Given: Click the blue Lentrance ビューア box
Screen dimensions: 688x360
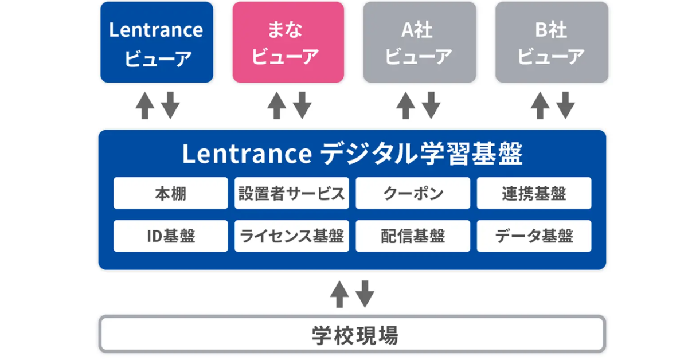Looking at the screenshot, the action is point(157,42).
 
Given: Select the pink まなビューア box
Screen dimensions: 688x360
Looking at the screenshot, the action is point(288,42).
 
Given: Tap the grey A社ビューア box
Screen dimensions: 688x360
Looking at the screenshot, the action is point(420,42).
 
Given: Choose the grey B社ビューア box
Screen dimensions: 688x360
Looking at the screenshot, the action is point(552,42).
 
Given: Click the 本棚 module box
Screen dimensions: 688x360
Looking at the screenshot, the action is point(170,193).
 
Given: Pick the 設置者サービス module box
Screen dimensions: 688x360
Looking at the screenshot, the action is point(291,193).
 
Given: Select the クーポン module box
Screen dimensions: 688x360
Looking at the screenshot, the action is point(413,193).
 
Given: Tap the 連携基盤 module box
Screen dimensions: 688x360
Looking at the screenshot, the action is point(534,193).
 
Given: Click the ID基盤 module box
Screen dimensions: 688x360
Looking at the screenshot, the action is point(170,236).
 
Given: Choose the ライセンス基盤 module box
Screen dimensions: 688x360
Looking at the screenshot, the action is point(291,236).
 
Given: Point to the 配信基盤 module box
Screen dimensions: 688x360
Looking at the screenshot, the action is point(413,236).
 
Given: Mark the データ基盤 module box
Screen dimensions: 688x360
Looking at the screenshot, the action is point(534,236).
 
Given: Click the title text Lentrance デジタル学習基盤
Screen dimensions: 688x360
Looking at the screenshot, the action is point(352,154).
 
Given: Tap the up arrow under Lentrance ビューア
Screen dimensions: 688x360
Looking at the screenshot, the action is point(145,105).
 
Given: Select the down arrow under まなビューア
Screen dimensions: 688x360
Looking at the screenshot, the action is point(302,105).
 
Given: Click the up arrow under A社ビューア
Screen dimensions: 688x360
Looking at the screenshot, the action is point(406,105).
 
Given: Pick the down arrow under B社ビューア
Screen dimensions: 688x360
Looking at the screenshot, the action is point(566,105).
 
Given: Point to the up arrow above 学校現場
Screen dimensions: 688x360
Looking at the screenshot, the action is point(339,294).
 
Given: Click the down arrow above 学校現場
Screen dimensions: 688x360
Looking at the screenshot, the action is point(365,294).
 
